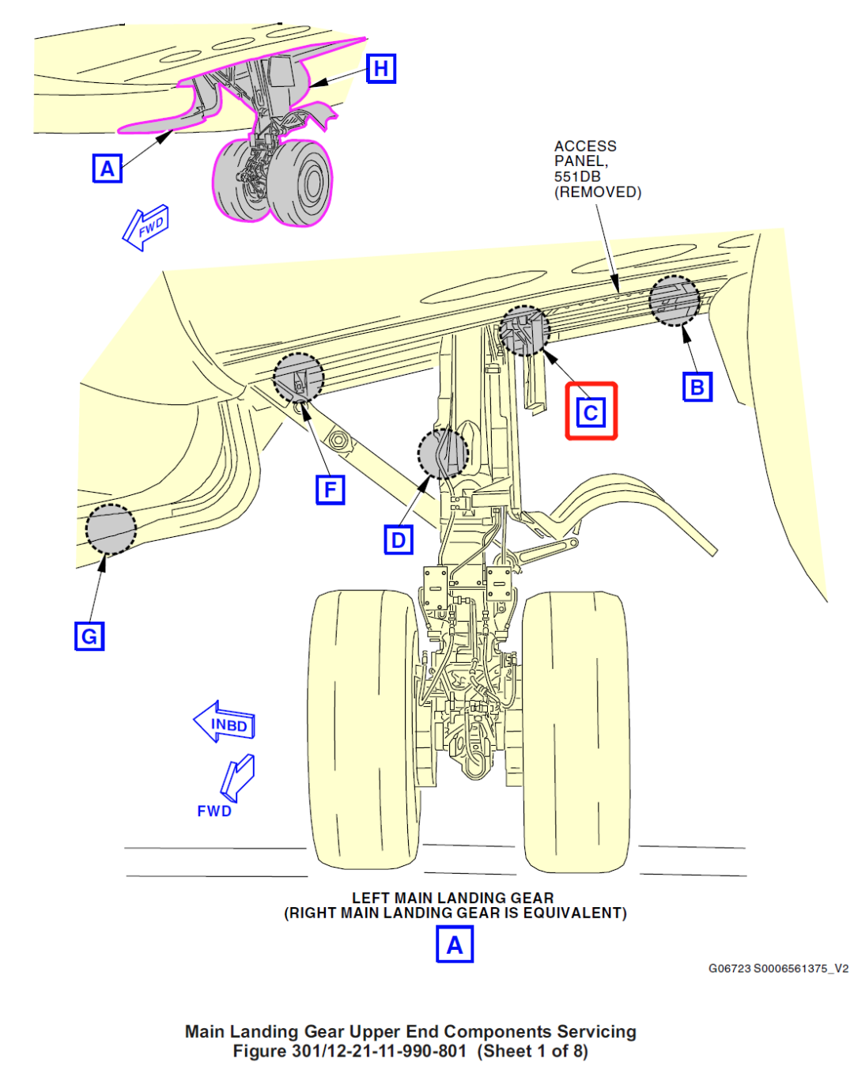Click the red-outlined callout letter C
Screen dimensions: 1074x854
(591, 411)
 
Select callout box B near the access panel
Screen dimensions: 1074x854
(697, 387)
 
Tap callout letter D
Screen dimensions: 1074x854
(399, 540)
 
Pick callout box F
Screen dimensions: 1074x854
(330, 490)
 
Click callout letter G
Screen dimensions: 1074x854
(89, 636)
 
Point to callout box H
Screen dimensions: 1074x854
(381, 69)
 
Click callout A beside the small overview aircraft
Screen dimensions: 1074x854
(107, 168)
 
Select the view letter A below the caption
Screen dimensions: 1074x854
(454, 944)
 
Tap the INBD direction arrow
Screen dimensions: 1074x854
(225, 722)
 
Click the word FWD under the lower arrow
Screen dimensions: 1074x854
(214, 811)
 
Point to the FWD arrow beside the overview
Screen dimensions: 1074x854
(146, 228)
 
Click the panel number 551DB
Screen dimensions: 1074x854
(577, 176)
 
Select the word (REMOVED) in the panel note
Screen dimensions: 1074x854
(597, 192)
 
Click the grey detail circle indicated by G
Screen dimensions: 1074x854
(111, 529)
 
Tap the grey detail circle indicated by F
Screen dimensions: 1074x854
(299, 377)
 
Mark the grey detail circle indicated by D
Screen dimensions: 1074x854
(443, 454)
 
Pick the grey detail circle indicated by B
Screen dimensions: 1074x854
(675, 301)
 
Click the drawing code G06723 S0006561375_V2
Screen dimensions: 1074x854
(778, 968)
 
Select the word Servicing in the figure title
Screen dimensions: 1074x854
(596, 1031)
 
